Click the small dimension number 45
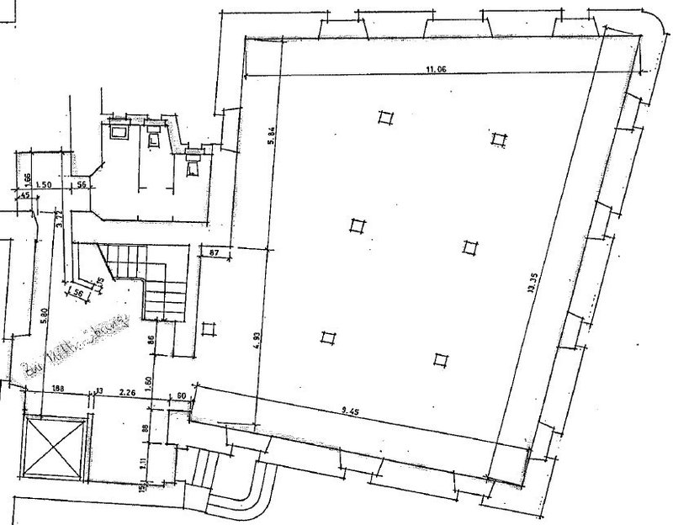[x=24, y=196]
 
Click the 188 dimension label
[x=57, y=390]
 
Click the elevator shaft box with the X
[x=56, y=445]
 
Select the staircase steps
[x=143, y=278]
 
